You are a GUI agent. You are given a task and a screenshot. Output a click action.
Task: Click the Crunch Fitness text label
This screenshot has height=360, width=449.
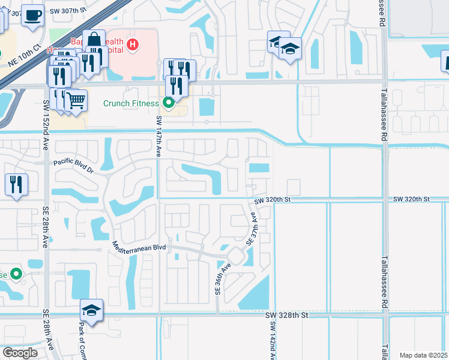(131, 104)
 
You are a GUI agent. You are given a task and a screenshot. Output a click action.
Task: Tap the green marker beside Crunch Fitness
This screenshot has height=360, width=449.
(169, 103)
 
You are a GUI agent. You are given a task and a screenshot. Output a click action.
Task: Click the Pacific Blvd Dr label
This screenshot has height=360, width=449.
(74, 162)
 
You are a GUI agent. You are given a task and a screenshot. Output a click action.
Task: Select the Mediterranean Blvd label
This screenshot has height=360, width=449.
(139, 247)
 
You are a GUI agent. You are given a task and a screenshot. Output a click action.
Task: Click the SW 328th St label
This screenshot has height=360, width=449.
(288, 315)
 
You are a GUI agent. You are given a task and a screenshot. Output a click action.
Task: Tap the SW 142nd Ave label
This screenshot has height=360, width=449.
(273, 341)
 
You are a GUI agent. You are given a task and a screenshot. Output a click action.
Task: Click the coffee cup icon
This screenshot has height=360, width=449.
(32, 14)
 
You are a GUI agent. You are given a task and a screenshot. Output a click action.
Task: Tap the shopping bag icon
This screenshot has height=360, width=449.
(94, 40)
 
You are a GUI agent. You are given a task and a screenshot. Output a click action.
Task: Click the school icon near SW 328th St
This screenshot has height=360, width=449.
(91, 310)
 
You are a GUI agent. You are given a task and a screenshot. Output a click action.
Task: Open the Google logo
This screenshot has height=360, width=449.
(20, 353)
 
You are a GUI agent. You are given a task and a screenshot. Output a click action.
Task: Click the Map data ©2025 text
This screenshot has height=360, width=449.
(423, 355)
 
